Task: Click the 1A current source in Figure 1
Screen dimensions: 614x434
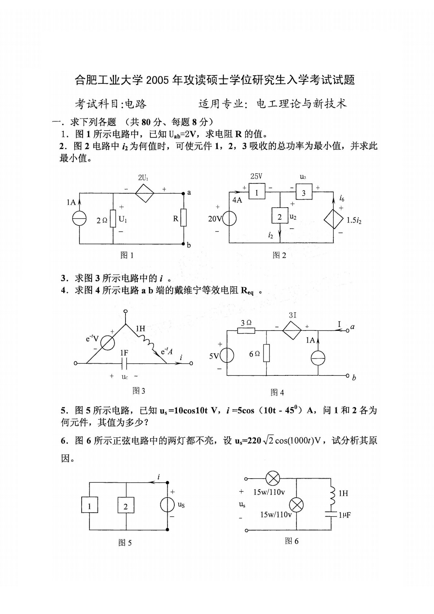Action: click(79, 219)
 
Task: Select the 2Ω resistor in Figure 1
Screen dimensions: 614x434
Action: click(113, 219)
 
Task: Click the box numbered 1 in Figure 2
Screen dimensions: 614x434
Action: click(257, 193)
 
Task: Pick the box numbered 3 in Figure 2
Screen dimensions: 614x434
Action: click(304, 193)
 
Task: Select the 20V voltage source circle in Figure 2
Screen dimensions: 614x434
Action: click(229, 219)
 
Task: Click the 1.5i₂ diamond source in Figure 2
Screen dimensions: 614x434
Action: click(334, 219)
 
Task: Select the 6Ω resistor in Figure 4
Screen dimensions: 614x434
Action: click(267, 353)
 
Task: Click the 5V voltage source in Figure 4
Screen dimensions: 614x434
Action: click(227, 355)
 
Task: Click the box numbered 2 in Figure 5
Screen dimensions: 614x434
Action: click(125, 506)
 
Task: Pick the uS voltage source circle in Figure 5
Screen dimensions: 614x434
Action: click(168, 505)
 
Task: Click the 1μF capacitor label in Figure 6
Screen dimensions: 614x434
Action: click(344, 515)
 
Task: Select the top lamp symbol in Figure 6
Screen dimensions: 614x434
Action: click(273, 478)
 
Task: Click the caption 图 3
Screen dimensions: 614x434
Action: click(139, 391)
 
